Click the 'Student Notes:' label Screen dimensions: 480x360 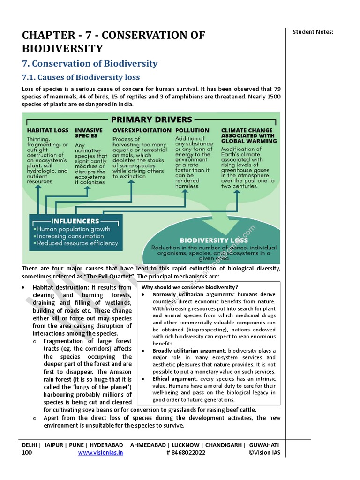(313, 32)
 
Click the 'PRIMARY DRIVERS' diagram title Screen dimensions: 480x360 (151, 119)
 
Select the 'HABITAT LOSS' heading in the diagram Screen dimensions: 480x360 (47, 130)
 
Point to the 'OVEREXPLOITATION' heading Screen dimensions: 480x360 (142, 130)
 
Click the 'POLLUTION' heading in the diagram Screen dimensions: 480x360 (192, 130)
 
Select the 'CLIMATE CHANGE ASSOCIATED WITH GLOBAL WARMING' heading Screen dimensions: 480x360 (248, 135)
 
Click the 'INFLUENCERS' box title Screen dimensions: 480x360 (75, 221)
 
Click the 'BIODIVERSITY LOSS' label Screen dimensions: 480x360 (214, 240)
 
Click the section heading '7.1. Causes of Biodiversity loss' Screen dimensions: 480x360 (81, 77)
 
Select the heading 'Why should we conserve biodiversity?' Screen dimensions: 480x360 (190, 287)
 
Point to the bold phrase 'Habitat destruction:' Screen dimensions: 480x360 (60, 287)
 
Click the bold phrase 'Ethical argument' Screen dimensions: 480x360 (174, 378)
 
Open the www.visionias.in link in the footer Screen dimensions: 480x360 (100, 453)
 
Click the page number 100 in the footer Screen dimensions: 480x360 (27, 453)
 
